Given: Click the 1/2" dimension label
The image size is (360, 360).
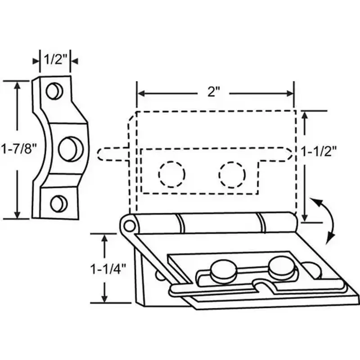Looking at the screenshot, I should tap(55, 58).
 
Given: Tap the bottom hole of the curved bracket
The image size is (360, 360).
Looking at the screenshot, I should tap(58, 203).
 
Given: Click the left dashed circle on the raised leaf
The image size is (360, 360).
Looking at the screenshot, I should tap(171, 174).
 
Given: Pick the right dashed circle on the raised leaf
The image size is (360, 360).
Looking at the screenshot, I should tap(232, 174).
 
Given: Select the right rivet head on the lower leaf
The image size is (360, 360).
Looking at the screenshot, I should tap(282, 267).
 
